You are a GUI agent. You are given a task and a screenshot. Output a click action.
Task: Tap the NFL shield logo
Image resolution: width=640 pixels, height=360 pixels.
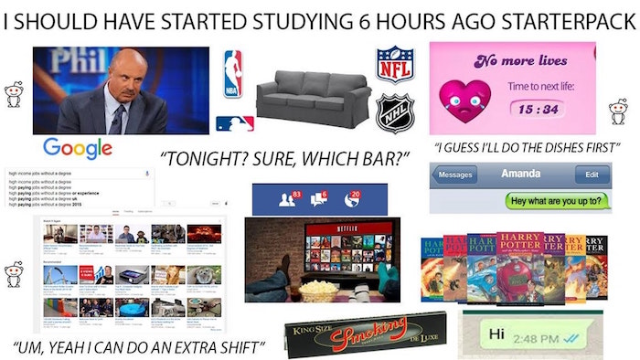point(395,65)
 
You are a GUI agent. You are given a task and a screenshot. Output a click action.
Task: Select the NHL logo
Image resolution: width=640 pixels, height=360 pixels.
point(395,113)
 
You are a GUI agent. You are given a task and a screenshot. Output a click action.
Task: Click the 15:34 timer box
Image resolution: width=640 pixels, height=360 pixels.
point(541,110)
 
